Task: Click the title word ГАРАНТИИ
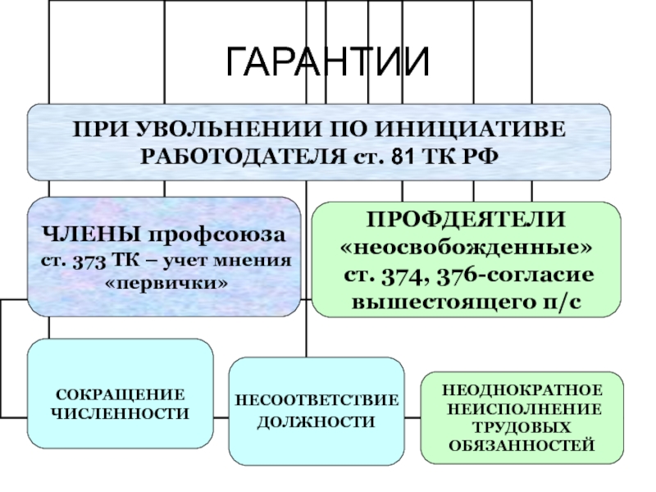327,62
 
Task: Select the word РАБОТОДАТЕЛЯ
243,157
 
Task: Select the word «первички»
166,283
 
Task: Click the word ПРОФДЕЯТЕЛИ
466,219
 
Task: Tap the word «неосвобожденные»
466,247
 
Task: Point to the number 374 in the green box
405,276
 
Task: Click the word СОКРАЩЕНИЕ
120,394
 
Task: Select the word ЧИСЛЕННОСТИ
120,414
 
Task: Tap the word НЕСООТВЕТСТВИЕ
317,400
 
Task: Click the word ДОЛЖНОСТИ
317,421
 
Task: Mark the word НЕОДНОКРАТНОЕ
522,390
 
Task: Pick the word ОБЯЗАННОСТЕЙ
522,445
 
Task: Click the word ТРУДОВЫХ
522,427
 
